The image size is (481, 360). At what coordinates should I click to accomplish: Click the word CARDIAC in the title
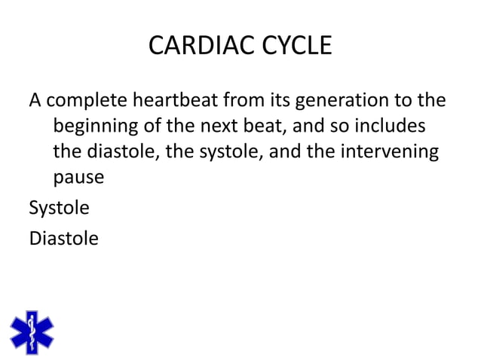pyautogui.click(x=191, y=47)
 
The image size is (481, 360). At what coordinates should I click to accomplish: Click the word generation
pyautogui.click(x=348, y=101)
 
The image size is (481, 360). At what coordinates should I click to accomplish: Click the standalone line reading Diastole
pyautogui.click(x=63, y=239)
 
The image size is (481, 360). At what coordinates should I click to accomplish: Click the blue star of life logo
pyautogui.click(x=32, y=332)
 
